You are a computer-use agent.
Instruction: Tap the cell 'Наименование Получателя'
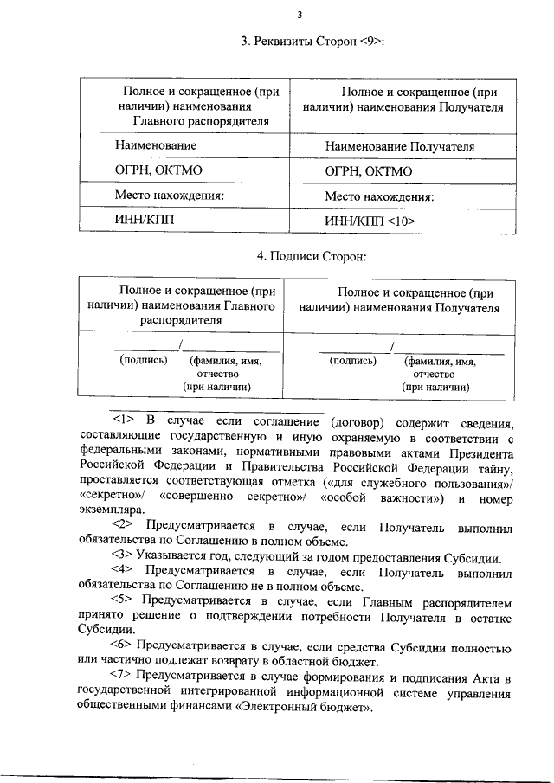coord(399,147)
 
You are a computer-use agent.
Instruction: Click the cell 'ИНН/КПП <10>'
coord(370,221)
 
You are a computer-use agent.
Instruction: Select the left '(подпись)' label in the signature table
coord(143,361)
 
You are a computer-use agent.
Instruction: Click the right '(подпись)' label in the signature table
coord(353,361)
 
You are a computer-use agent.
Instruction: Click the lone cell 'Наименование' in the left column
coord(156,146)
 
